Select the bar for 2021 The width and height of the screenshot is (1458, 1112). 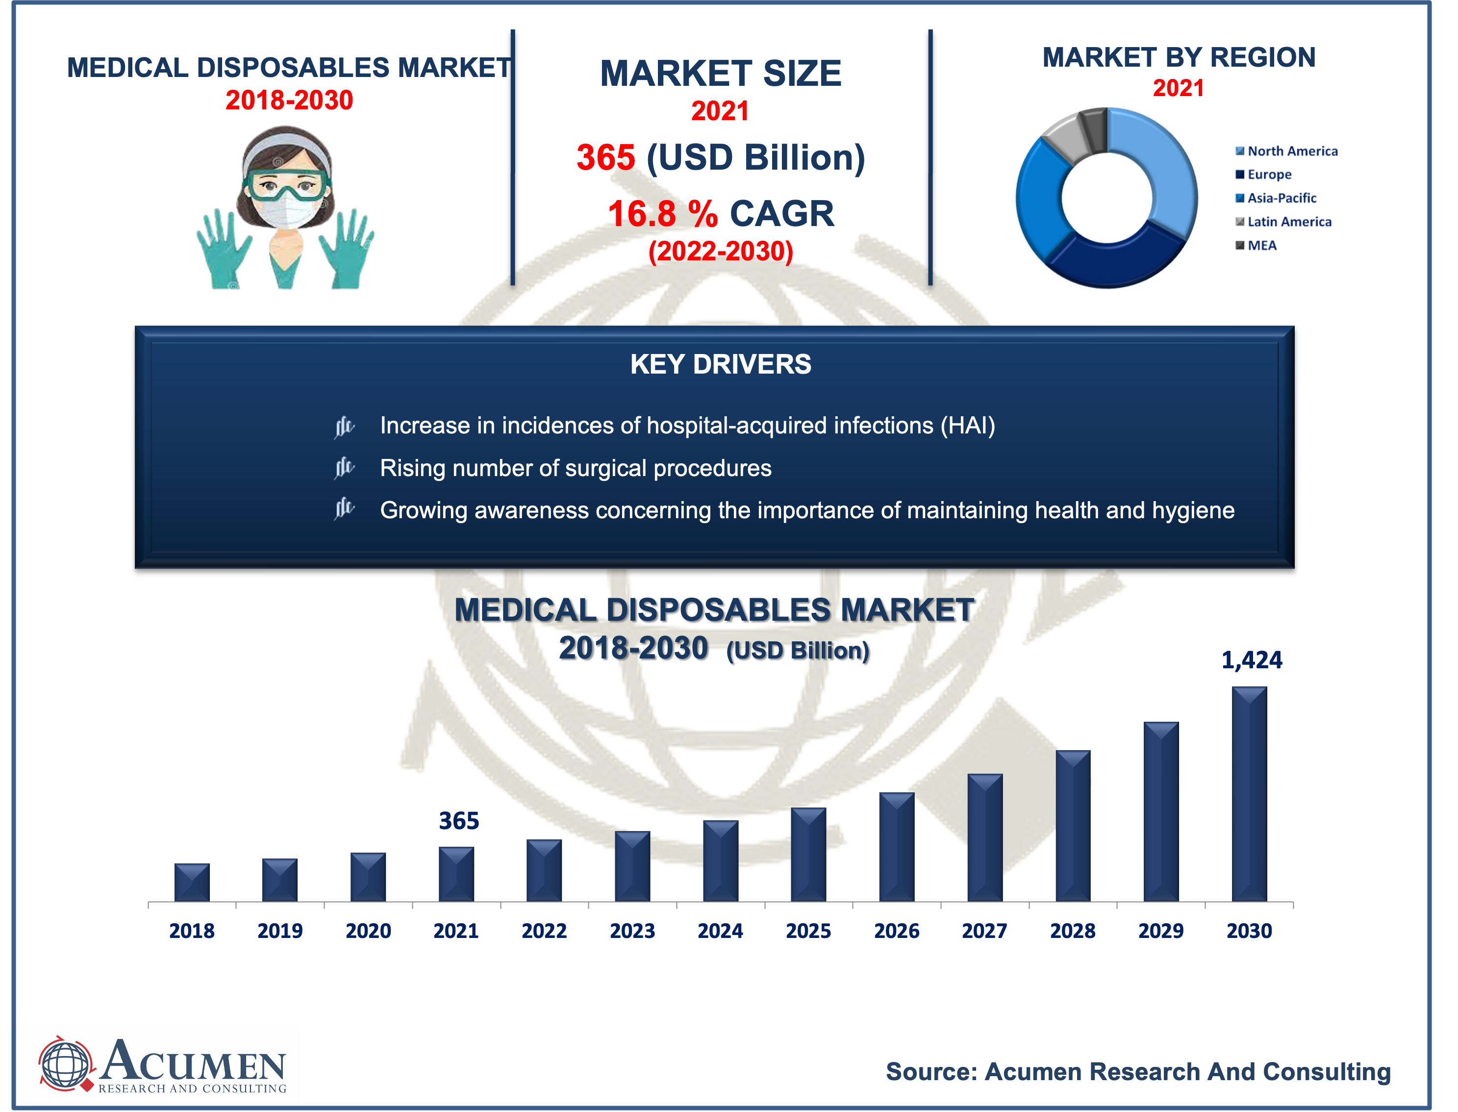(x=456, y=874)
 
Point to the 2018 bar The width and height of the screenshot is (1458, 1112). (x=192, y=883)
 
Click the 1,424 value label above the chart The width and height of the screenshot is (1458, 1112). (x=1251, y=660)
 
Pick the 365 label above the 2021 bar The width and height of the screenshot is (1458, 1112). (x=459, y=821)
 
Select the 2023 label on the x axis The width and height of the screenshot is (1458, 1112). (x=632, y=931)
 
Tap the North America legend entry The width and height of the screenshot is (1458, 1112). (x=1286, y=151)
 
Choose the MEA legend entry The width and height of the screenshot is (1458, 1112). (x=1256, y=246)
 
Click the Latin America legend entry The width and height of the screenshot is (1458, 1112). (x=1283, y=222)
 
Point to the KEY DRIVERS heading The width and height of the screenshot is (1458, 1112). (x=720, y=364)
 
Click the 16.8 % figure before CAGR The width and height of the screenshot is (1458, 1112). (x=662, y=214)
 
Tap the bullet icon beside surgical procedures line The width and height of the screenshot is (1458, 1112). (x=344, y=468)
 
